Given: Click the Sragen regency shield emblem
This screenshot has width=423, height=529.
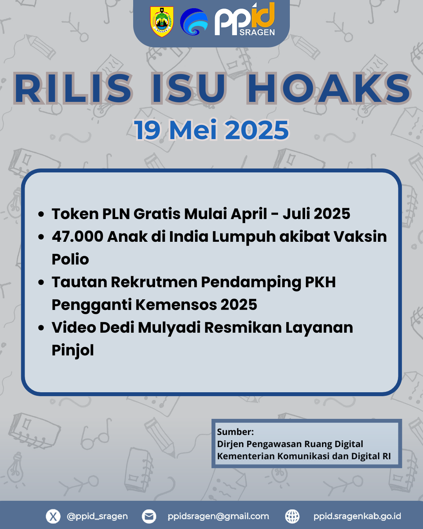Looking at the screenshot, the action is pyautogui.click(x=162, y=22).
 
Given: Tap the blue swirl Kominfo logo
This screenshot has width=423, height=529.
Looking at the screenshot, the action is pyautogui.click(x=194, y=22).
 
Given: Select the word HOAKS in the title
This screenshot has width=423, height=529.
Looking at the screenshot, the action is pyautogui.click(x=329, y=88).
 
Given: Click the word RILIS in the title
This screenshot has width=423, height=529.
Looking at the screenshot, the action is pyautogui.click(x=73, y=88).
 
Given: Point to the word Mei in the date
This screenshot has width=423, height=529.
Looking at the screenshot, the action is pyautogui.click(x=193, y=130).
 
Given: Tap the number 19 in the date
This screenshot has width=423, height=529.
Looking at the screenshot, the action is pyautogui.click(x=147, y=130).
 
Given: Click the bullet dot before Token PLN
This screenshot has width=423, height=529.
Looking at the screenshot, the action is pyautogui.click(x=41, y=214).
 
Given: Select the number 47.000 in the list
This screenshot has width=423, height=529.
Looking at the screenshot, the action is pyautogui.click(x=78, y=236).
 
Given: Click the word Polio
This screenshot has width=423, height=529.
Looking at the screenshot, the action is pyautogui.click(x=70, y=259).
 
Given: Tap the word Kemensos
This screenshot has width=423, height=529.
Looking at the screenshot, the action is pyautogui.click(x=176, y=304).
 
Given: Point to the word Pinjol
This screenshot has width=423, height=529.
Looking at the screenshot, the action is pyautogui.click(x=73, y=351).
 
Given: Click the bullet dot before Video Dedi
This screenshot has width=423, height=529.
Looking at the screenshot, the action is pyautogui.click(x=41, y=328).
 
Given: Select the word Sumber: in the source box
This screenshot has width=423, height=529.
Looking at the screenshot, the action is pyautogui.click(x=235, y=432).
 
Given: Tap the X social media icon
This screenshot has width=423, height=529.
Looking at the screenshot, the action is pyautogui.click(x=53, y=516).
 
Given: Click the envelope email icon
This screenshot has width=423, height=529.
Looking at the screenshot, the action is pyautogui.click(x=149, y=516).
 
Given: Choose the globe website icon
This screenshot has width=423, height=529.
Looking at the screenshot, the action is pyautogui.click(x=292, y=516).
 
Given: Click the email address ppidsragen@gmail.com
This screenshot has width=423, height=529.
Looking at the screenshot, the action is pyautogui.click(x=218, y=516).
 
